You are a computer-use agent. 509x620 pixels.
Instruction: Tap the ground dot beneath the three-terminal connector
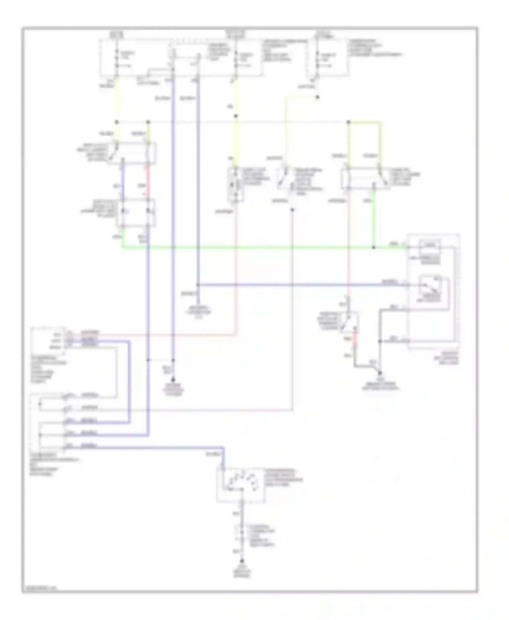[242, 562]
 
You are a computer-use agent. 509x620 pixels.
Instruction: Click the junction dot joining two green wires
[374, 248]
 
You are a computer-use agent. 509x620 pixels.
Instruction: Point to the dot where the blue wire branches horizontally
[198, 285]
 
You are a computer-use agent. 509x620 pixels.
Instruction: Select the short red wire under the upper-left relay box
[148, 178]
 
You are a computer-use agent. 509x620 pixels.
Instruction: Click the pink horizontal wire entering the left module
[153, 335]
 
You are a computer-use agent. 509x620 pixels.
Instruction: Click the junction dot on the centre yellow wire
[236, 116]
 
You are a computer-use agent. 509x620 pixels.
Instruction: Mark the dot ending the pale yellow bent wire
[317, 97]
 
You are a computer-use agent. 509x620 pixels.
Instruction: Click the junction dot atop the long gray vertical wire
[292, 210]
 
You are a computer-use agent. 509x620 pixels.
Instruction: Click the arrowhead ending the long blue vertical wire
[173, 381]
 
